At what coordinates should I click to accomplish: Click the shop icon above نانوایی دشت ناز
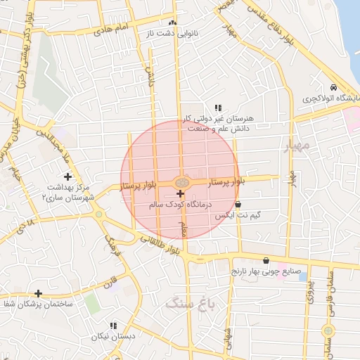coord(172,22)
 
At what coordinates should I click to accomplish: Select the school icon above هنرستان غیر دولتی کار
coord(218,108)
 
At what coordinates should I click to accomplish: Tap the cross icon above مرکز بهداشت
coord(67,176)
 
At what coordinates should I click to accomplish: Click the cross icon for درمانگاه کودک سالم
coord(180,193)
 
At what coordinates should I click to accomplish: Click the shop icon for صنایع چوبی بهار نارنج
coord(265,260)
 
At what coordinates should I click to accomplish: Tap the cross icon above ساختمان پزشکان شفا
coord(38,292)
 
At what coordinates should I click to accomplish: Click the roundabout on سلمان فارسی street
coord(327,331)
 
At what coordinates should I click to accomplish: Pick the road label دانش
coord(150,77)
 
